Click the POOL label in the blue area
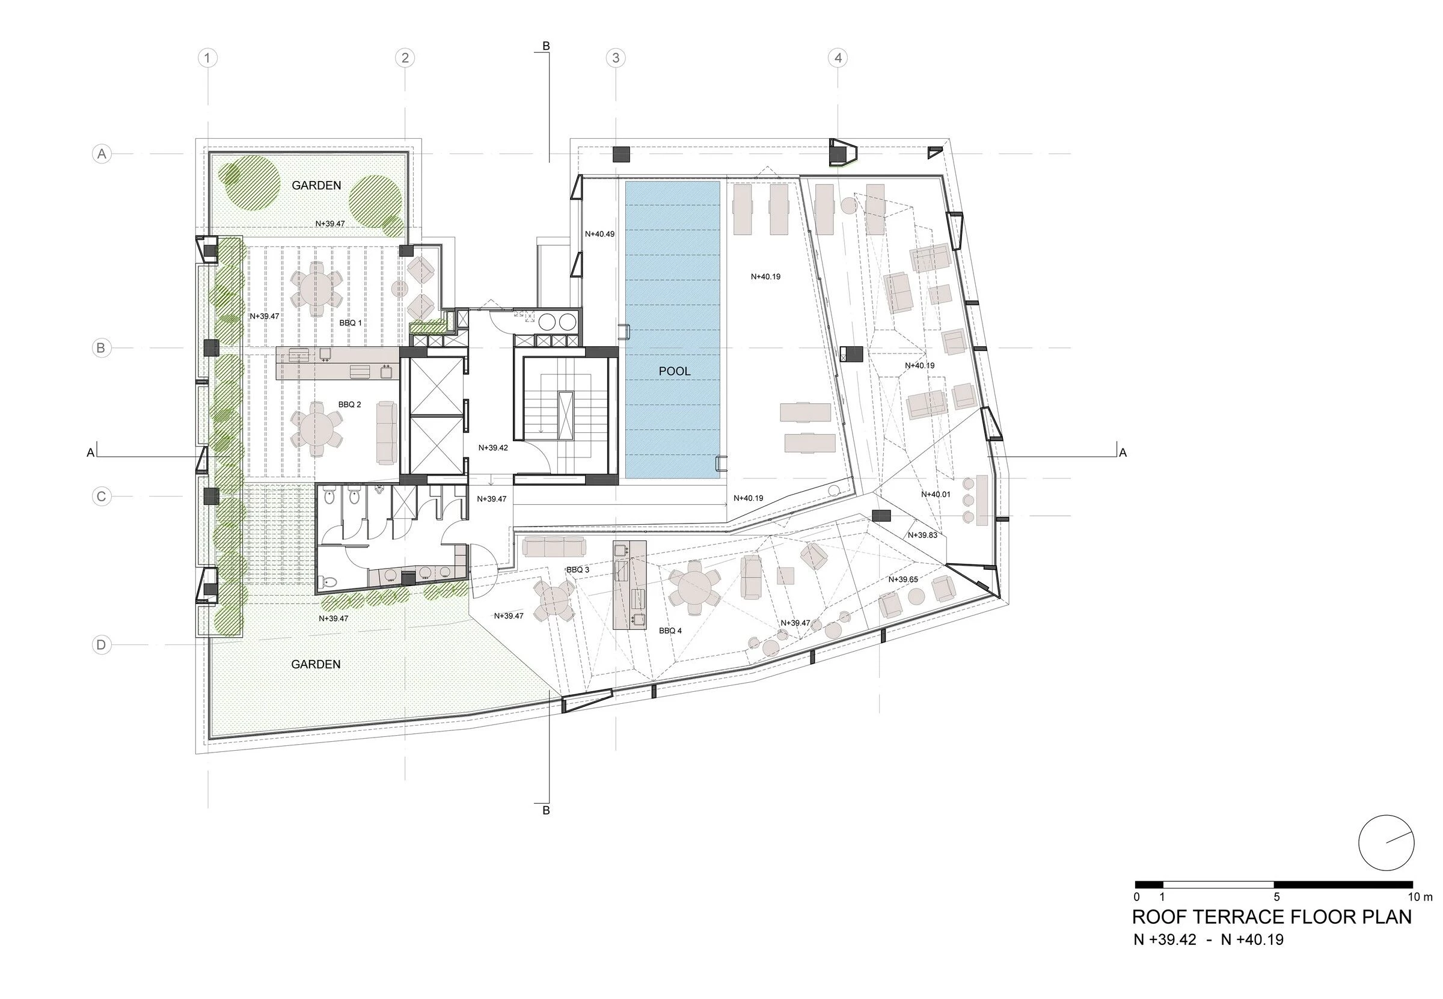674,371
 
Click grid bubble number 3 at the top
616,58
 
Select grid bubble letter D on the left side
102,645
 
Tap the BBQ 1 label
351,323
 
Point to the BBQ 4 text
670,631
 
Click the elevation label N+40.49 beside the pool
599,234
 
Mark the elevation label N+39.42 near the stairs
492,448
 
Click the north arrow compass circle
1386,843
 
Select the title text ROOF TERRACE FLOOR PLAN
1272,917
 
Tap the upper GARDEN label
316,185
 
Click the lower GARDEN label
316,664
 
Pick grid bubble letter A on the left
102,154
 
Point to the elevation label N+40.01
936,495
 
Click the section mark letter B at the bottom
546,811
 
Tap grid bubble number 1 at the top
207,58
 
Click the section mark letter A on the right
1123,453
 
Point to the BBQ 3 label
577,570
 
